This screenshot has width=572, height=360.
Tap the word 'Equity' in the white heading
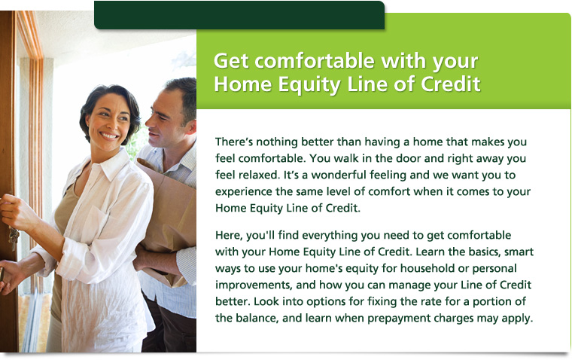point(309,84)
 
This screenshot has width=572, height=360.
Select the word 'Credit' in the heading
point(451,84)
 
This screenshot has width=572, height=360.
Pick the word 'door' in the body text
point(399,158)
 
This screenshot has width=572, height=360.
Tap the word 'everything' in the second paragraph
point(330,236)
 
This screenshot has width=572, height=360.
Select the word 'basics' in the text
point(484,252)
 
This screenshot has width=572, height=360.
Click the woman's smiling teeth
point(109,136)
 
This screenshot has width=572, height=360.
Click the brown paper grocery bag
point(169,215)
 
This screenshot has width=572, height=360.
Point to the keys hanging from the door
point(14,238)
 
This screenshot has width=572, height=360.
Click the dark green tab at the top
point(239,15)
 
